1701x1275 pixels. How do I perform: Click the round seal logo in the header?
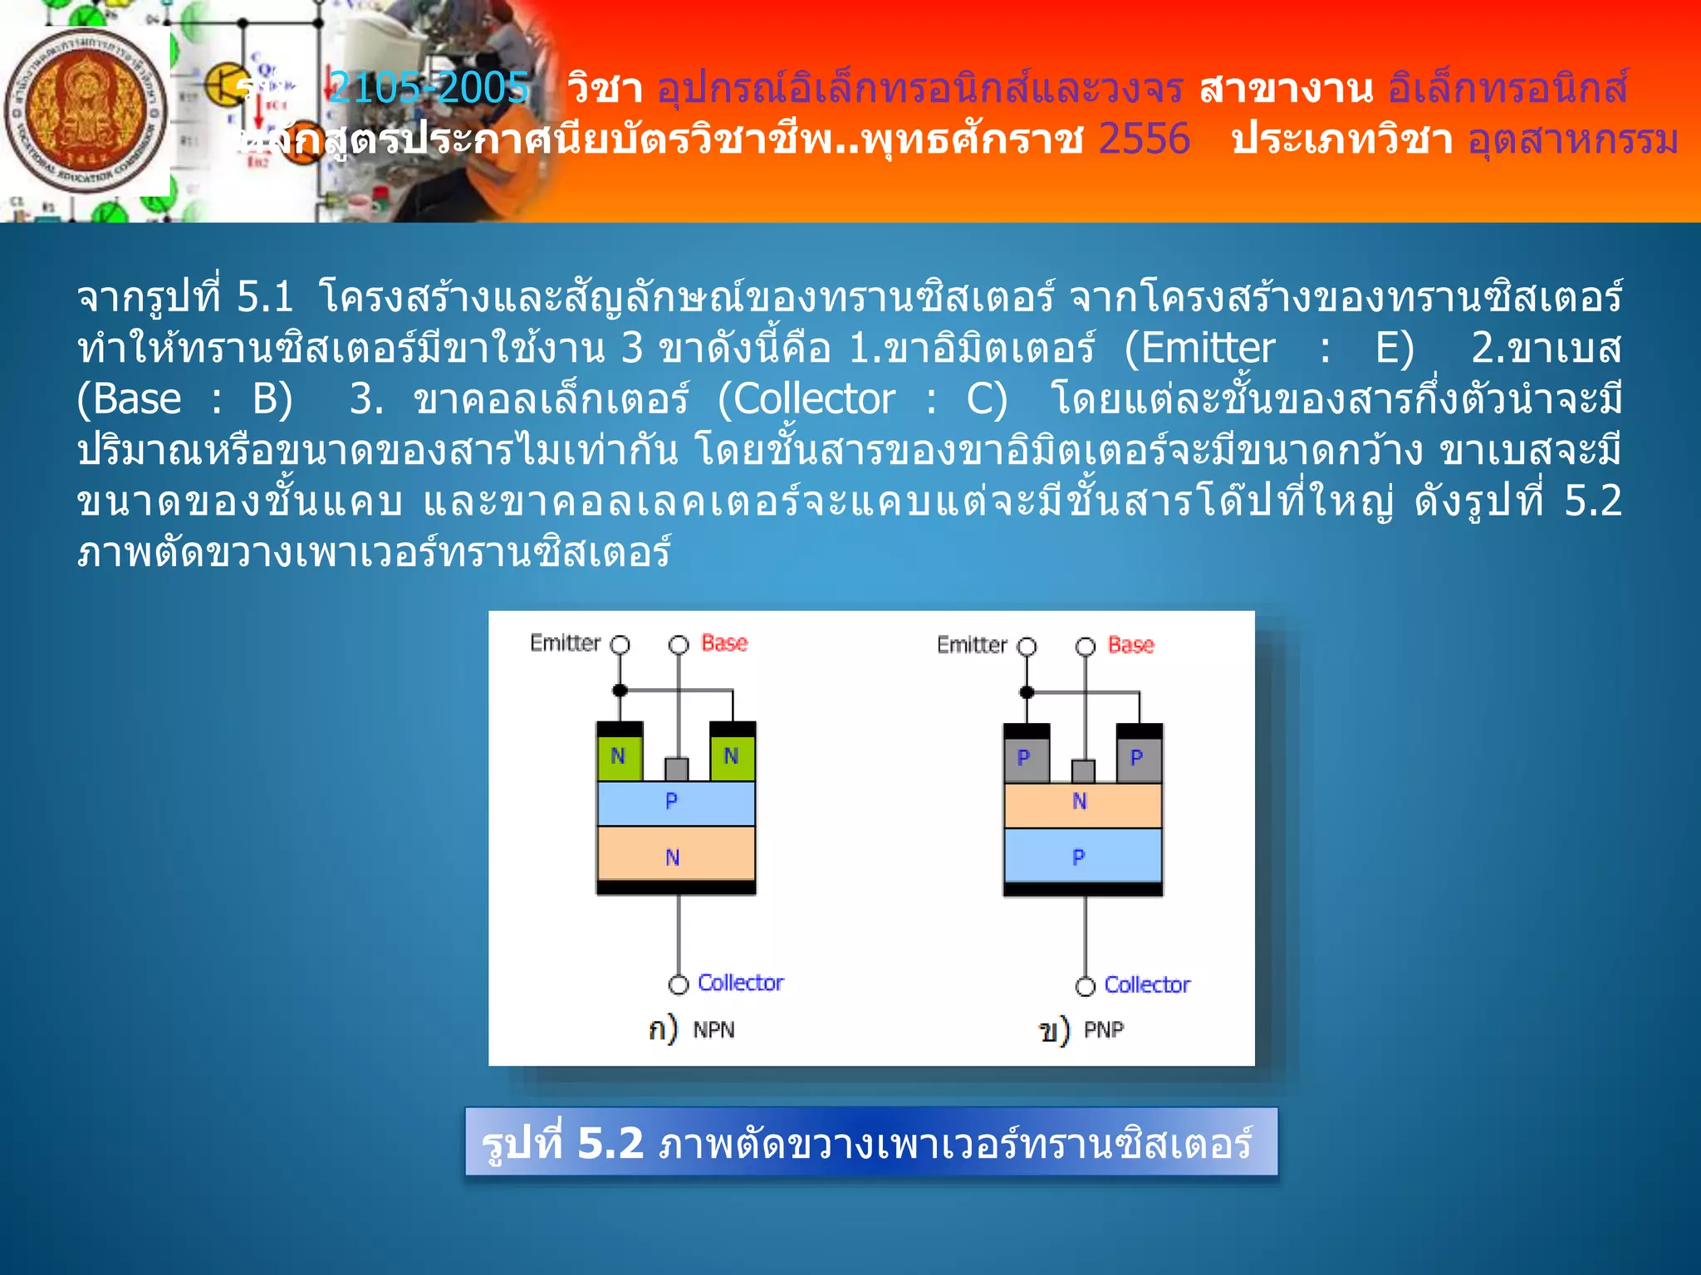point(86,111)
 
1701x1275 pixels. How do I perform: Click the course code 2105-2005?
point(429,87)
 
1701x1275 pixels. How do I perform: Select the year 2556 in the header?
point(1144,139)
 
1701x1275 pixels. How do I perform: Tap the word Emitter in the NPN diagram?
point(565,643)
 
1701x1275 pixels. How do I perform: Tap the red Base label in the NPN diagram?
point(724,643)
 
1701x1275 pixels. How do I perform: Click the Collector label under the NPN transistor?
point(740,983)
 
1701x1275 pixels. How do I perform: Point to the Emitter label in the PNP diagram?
point(972,645)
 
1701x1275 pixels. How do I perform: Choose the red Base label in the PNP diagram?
point(1130,645)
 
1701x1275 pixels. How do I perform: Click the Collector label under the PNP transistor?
point(1147,984)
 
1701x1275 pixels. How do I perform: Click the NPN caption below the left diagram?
point(713,1030)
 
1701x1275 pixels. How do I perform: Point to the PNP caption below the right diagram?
point(1104,1030)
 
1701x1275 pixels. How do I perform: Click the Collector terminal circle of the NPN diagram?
point(679,984)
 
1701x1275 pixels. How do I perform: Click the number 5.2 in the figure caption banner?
point(610,1143)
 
